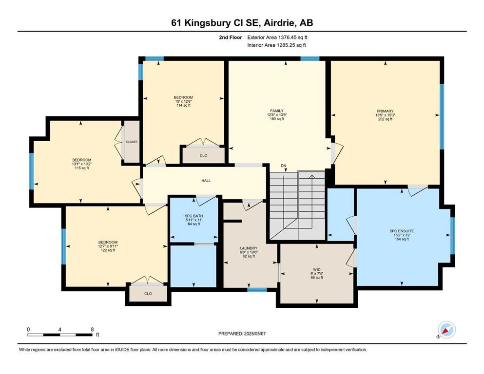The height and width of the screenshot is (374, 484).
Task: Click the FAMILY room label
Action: pyautogui.click(x=277, y=111)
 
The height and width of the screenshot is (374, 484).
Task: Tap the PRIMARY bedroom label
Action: pyautogui.click(x=385, y=111)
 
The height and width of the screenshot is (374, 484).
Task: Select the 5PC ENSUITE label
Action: pyautogui.click(x=402, y=231)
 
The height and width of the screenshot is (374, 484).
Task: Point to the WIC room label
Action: pyautogui.click(x=317, y=269)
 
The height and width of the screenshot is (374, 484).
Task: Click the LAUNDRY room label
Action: pyautogui.click(x=249, y=248)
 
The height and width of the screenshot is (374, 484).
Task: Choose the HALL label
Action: pyautogui.click(x=206, y=181)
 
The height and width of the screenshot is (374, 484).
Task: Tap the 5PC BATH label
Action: pyautogui.click(x=194, y=216)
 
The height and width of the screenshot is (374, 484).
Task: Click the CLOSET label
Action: pyautogui.click(x=132, y=142)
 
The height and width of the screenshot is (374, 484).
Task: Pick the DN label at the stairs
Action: pyautogui.click(x=283, y=166)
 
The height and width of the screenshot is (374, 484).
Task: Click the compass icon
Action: pyautogui.click(x=446, y=330)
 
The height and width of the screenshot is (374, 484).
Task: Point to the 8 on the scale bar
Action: pyautogui.click(x=92, y=329)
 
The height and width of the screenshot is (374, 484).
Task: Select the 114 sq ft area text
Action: pyautogui.click(x=183, y=105)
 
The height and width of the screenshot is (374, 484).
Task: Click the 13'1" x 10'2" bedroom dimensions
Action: pyautogui.click(x=82, y=164)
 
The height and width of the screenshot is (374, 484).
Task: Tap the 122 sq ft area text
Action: pyautogui.click(x=108, y=250)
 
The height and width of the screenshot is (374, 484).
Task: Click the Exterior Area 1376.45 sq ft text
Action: pyautogui.click(x=277, y=37)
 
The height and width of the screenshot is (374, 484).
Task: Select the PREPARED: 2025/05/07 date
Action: pyautogui.click(x=242, y=334)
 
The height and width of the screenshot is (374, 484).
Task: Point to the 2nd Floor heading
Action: pyautogui.click(x=230, y=37)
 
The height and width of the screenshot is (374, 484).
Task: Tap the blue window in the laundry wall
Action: pyautogui.click(x=257, y=290)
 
